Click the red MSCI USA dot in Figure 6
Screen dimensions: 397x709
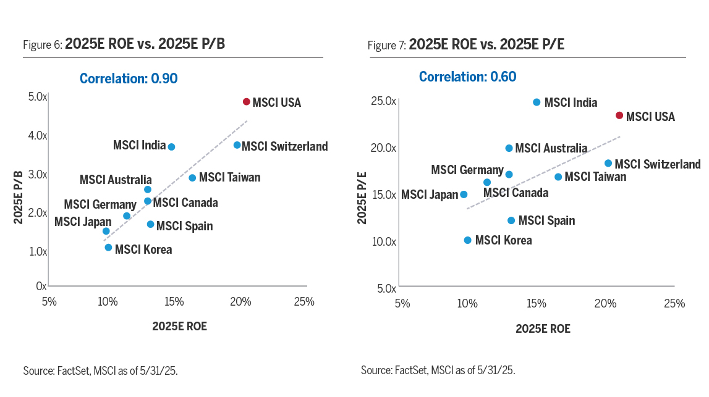pos(246,102)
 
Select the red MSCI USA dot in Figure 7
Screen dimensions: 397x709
pos(619,115)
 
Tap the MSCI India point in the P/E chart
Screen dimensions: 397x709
pos(537,102)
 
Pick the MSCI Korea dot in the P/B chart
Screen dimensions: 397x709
pos(108,248)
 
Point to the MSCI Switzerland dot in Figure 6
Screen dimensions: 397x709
pos(237,145)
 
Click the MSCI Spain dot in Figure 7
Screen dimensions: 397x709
pos(511,220)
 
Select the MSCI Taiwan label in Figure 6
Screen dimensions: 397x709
pos(229,178)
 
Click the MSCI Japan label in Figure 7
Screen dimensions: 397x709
pos(429,194)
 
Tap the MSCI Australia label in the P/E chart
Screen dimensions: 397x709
pos(551,148)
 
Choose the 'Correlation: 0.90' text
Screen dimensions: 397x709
pos(129,78)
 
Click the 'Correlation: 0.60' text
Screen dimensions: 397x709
pos(467,77)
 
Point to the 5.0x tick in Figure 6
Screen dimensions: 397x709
pos(38,97)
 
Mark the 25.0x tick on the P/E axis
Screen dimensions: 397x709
pos(384,101)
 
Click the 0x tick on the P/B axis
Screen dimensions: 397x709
pos(41,286)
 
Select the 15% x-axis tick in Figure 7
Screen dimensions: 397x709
pos(536,303)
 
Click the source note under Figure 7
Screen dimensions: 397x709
pos(438,370)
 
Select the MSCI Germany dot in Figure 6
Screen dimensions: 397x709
pos(127,216)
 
